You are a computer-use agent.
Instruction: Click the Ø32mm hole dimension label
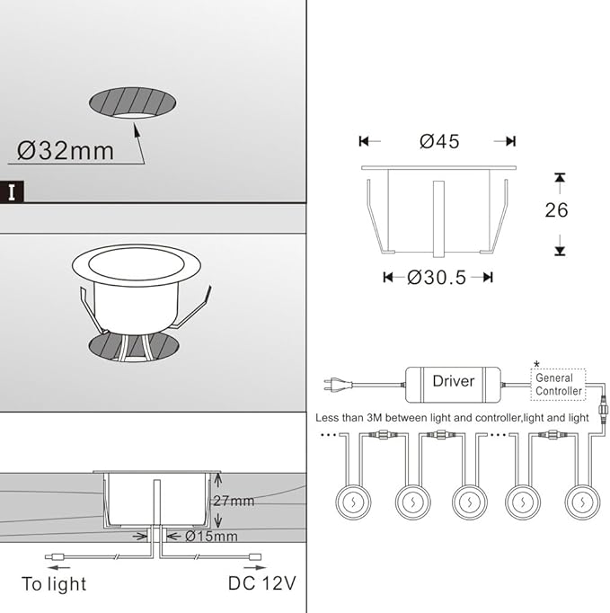click(x=66, y=151)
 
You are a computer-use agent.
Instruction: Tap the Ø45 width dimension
click(x=439, y=141)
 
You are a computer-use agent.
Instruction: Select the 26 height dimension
click(x=556, y=210)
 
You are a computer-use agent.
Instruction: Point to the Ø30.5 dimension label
click(x=437, y=278)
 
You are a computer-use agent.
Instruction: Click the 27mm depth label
click(x=234, y=501)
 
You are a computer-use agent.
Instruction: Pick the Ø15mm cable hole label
click(x=211, y=536)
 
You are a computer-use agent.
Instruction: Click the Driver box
click(x=454, y=385)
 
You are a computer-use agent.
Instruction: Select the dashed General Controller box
click(x=559, y=385)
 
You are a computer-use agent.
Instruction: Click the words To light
click(x=54, y=584)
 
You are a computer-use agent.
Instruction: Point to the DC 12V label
click(x=261, y=583)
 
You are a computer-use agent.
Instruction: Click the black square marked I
click(x=12, y=191)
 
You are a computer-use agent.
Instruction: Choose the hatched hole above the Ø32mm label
click(x=132, y=102)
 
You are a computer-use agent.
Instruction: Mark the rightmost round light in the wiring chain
click(x=582, y=502)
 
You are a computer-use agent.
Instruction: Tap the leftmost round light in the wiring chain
click(x=353, y=502)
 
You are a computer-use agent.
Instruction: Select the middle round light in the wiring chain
click(x=469, y=502)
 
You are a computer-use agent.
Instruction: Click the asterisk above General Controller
click(x=536, y=364)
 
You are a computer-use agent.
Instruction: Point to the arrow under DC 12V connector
click(x=255, y=567)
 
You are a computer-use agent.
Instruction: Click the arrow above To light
click(x=58, y=567)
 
